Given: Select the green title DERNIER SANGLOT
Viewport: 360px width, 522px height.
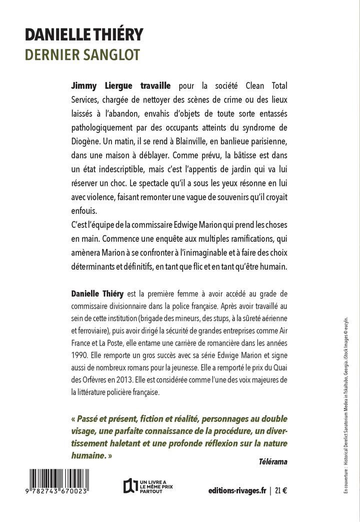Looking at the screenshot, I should (82, 54).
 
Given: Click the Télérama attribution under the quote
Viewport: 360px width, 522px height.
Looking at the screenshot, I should (273, 461).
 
